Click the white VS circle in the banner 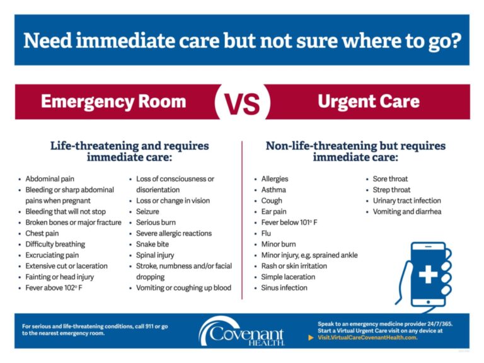coord(242,102)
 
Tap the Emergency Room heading coord(113,101)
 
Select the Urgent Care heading coord(369,101)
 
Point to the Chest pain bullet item coord(42,233)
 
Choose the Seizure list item coord(147,212)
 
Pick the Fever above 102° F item coord(54,288)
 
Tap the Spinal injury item coord(155,255)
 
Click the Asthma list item coord(274,190)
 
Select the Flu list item coord(267,233)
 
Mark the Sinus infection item coord(284,288)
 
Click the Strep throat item coord(391,190)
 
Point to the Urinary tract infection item coord(407,200)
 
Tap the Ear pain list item coord(274,212)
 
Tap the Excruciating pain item coord(52,255)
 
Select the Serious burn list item coord(156,222)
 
